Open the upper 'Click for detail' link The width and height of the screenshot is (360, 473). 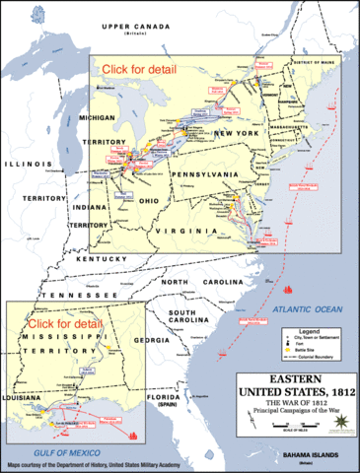[136, 69]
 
